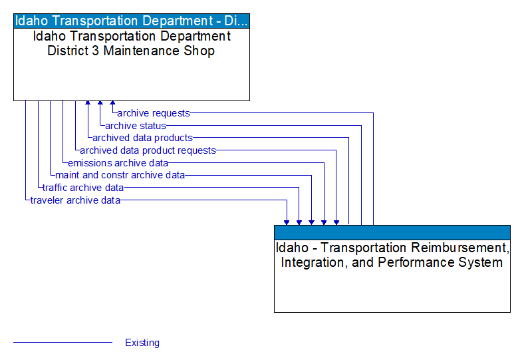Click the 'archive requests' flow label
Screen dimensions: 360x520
[x=154, y=113]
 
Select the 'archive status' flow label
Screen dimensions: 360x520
[x=136, y=126]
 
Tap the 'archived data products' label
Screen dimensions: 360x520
[x=142, y=138]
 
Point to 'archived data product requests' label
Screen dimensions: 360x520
[x=148, y=150]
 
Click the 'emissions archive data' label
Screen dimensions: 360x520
[x=118, y=162]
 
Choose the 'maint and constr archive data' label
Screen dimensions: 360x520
[x=120, y=175]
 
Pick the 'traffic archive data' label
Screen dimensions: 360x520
[x=83, y=188]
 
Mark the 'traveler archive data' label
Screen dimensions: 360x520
[x=75, y=200]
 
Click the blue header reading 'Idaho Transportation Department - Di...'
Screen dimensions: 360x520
[x=132, y=20]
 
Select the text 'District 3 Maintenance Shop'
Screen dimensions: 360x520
[x=131, y=51]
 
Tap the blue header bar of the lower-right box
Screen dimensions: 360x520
[x=392, y=232]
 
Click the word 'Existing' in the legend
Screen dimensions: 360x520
[x=142, y=343]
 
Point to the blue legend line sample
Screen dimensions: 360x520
[x=63, y=343]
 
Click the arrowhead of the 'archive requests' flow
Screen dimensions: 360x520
[x=112, y=104]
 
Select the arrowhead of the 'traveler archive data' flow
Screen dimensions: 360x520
[x=287, y=222]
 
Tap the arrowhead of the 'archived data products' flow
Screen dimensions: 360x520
[x=87, y=104]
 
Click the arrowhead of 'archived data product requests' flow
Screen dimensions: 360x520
[x=336, y=222]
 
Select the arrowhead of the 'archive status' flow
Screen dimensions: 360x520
[x=100, y=104]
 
